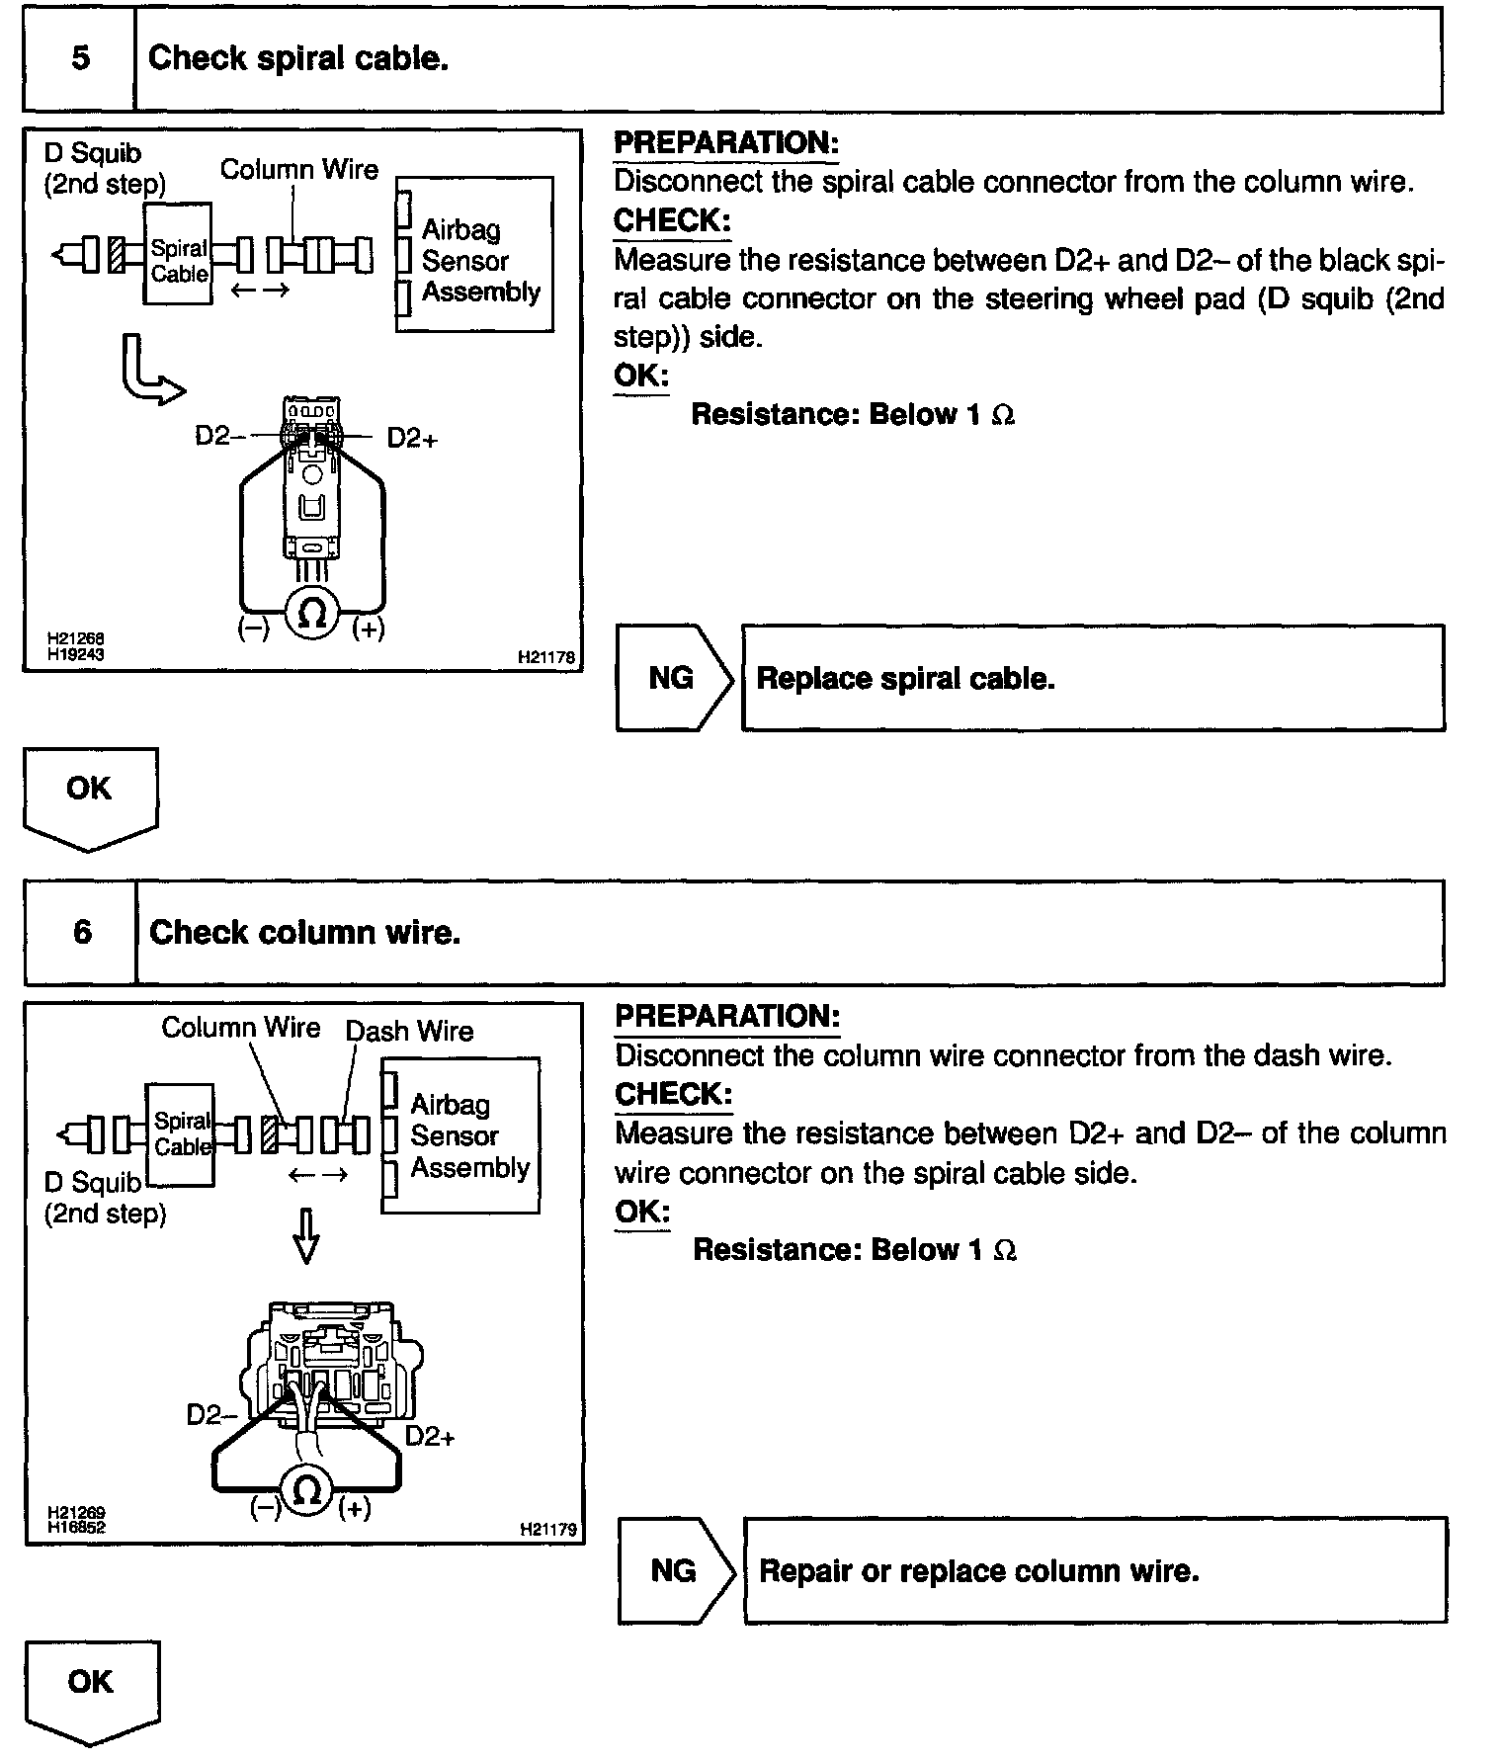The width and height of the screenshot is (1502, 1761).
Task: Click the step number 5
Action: pyautogui.click(x=80, y=58)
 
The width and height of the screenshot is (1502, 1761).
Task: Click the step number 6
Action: pyautogui.click(x=82, y=932)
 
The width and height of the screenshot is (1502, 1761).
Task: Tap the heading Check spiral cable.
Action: pyautogui.click(x=298, y=58)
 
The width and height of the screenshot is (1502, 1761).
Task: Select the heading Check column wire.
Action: pyautogui.click(x=304, y=932)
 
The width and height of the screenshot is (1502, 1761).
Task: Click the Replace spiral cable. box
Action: pyautogui.click(x=1092, y=678)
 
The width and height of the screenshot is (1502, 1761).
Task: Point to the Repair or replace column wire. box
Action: pyautogui.click(x=1094, y=1570)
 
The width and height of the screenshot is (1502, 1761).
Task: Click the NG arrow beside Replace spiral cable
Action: pyautogui.click(x=673, y=678)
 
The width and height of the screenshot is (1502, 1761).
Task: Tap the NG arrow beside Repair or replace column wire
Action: pyautogui.click(x=675, y=1570)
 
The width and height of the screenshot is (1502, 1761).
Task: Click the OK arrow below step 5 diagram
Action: pyautogui.click(x=89, y=793)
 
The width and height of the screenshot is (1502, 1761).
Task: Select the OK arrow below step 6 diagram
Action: pyautogui.click(x=91, y=1686)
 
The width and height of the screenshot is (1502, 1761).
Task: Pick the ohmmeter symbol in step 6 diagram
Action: pyautogui.click(x=307, y=1489)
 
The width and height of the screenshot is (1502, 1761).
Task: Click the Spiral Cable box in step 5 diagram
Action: pyautogui.click(x=178, y=261)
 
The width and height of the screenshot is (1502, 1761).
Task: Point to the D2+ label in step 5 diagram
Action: pyautogui.click(x=412, y=438)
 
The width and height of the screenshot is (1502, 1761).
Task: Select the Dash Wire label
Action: pyautogui.click(x=409, y=1031)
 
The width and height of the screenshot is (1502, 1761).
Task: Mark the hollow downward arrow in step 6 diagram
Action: pyautogui.click(x=306, y=1236)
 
